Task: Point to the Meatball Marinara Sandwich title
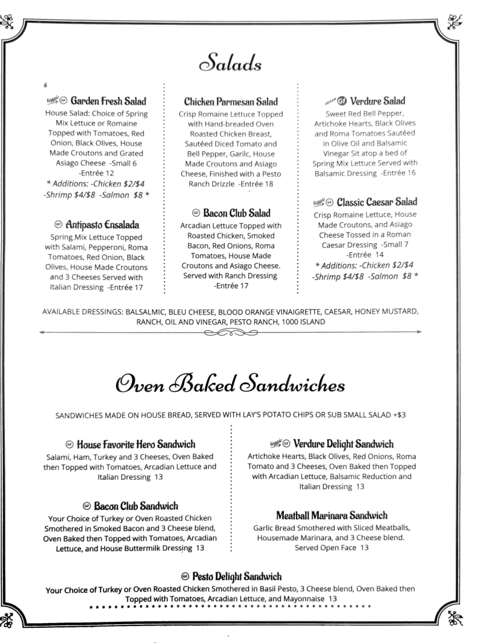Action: [331, 515]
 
